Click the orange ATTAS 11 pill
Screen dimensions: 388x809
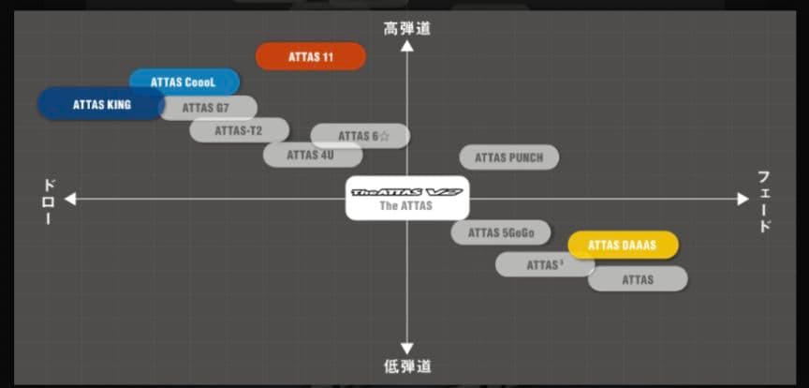click(311, 56)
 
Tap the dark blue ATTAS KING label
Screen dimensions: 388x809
click(101, 105)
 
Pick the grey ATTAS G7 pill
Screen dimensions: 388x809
click(208, 108)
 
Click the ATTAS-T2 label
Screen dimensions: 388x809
click(239, 130)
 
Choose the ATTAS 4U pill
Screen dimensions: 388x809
click(310, 155)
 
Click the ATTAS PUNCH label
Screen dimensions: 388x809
click(508, 157)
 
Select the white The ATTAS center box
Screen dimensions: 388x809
click(406, 198)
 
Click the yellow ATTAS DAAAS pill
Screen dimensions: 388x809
click(623, 246)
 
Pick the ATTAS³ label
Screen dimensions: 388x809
click(544, 265)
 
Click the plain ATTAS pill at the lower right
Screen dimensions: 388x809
click(638, 279)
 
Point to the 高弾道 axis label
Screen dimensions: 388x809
click(407, 28)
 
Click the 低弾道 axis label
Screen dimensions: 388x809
click(407, 366)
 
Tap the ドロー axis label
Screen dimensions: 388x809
click(49, 201)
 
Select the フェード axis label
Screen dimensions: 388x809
click(764, 201)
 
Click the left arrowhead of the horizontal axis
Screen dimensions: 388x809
click(70, 199)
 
